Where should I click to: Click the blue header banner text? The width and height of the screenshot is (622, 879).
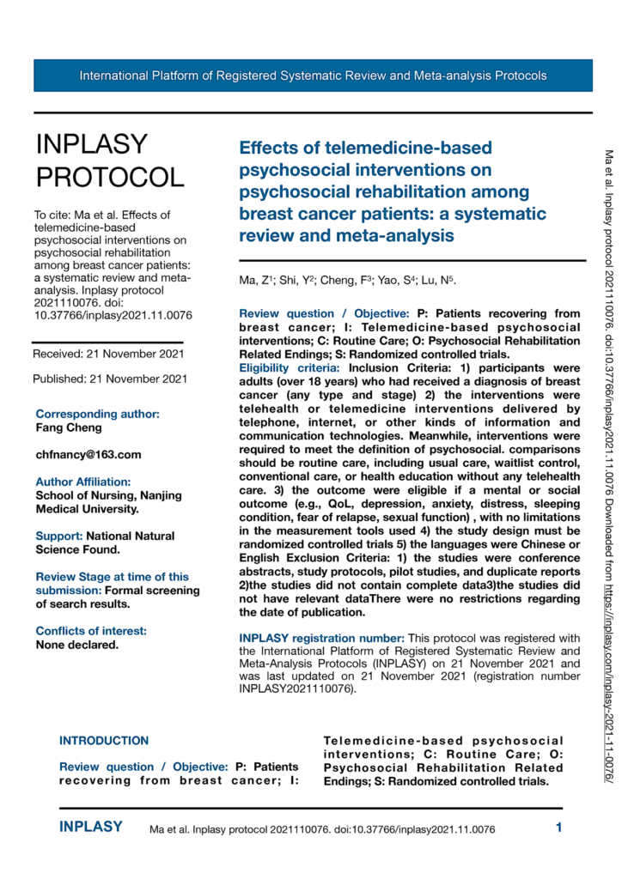(x=313, y=76)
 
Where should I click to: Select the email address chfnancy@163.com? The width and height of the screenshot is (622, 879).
(x=88, y=454)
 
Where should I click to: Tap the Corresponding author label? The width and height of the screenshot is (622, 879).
(x=97, y=413)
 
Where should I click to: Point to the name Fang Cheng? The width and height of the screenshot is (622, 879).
(x=68, y=427)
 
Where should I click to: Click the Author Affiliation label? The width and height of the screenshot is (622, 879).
(x=83, y=482)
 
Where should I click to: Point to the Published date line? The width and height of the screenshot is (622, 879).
(x=109, y=379)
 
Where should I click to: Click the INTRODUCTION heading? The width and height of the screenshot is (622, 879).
(x=104, y=740)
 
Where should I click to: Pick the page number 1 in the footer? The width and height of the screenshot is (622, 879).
(x=558, y=828)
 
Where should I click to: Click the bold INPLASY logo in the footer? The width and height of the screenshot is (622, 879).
(x=90, y=828)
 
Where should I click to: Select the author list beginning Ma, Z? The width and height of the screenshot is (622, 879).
(x=348, y=282)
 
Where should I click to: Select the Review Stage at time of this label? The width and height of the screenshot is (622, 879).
(x=112, y=576)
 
